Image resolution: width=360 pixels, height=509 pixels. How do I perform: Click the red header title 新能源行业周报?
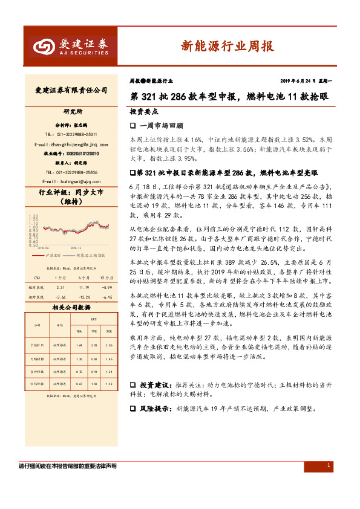coord(227,46)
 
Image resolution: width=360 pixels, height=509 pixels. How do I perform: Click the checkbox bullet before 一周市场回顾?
coord(133,126)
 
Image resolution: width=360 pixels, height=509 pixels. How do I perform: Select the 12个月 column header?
coord(107,261)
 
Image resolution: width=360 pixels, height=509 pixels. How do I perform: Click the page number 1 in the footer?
coord(328,465)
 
